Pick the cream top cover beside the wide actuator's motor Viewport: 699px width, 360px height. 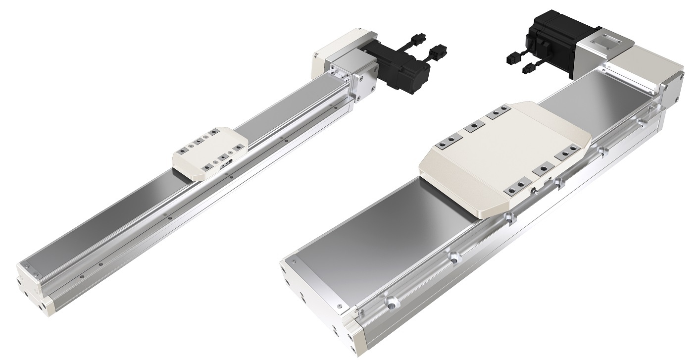(x=644, y=64)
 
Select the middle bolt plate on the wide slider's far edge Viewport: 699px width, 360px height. (x=474, y=128)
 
